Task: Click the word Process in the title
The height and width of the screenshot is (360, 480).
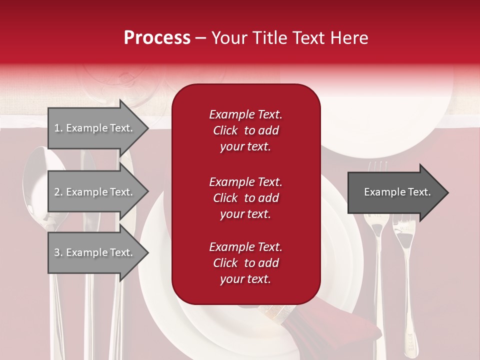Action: (x=157, y=38)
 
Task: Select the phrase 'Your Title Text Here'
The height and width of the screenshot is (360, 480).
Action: (x=290, y=38)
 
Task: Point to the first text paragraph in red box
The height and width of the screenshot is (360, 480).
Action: (x=245, y=130)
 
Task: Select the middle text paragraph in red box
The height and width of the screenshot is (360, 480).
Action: (x=245, y=198)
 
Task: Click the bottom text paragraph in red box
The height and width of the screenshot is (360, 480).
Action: (x=245, y=263)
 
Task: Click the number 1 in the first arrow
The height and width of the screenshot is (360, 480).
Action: (x=57, y=128)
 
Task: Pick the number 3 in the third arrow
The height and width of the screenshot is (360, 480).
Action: (x=57, y=252)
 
